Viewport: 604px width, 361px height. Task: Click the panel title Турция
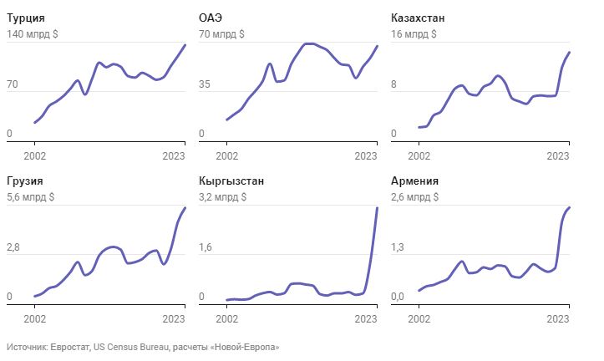tap(25, 18)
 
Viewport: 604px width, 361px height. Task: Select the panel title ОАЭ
tap(211, 18)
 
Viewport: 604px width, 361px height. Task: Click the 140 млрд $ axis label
tap(33, 34)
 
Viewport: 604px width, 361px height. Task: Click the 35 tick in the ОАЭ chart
tap(205, 85)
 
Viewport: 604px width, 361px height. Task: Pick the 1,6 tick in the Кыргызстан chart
tap(206, 248)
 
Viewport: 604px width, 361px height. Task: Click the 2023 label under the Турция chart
tap(173, 155)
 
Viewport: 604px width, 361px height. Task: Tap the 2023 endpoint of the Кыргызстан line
tap(378, 208)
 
